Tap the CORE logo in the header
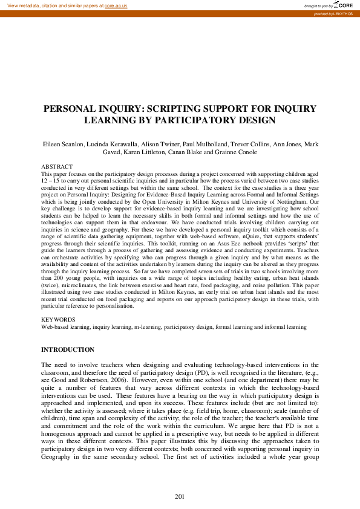[x=343, y=5]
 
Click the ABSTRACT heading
[x=57, y=166]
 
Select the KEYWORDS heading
[x=58, y=319]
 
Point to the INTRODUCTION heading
[x=67, y=350]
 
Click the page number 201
[x=179, y=497]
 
